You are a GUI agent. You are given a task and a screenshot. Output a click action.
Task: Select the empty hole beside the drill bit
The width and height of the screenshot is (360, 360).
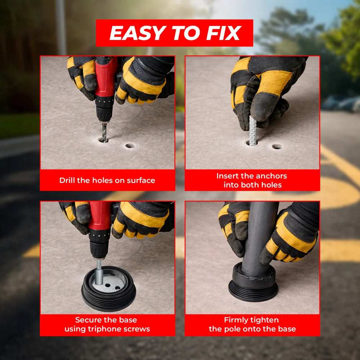[x=130, y=146]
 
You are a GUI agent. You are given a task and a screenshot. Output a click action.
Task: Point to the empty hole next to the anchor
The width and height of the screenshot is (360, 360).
[x=277, y=147]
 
